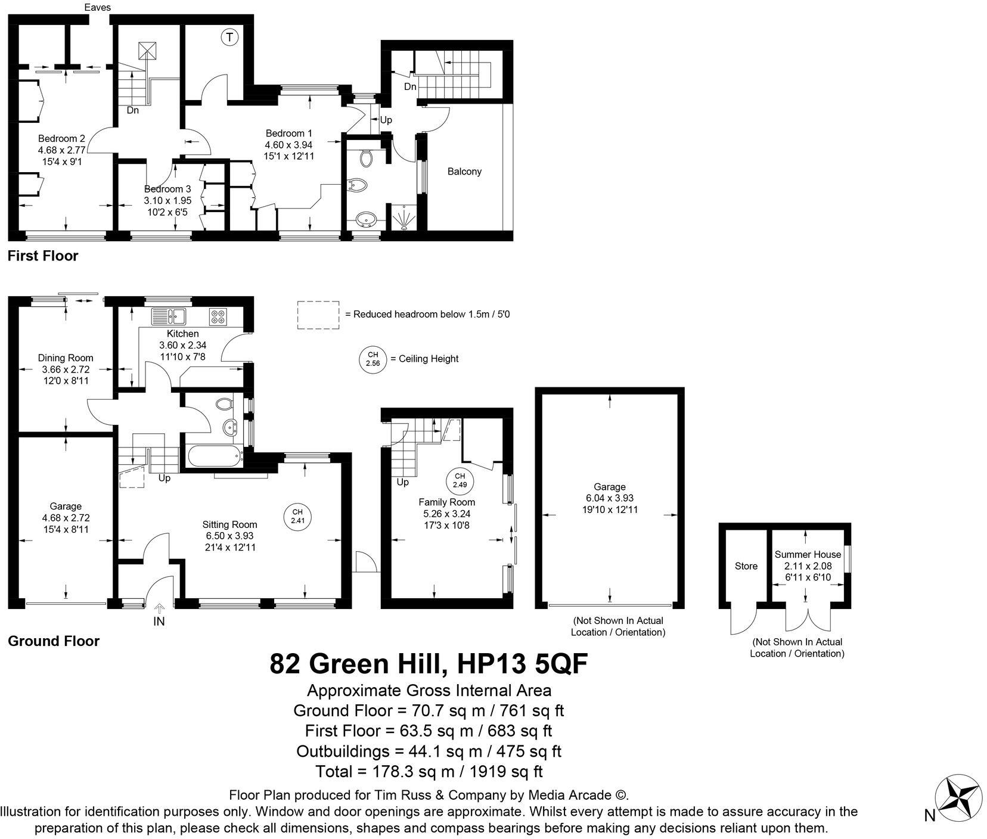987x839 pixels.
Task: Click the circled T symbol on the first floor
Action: pyautogui.click(x=229, y=38)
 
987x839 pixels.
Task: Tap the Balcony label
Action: pyautogui.click(x=464, y=172)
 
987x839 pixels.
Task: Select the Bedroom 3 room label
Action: pyautogui.click(x=167, y=189)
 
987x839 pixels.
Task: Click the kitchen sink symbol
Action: pyautogui.click(x=169, y=315)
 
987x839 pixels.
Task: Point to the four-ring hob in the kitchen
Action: pyautogui.click(x=217, y=316)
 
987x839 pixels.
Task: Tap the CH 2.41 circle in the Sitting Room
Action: pyautogui.click(x=297, y=516)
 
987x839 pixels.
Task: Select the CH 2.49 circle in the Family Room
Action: pyautogui.click(x=460, y=480)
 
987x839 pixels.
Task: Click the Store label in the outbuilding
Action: pyautogui.click(x=746, y=566)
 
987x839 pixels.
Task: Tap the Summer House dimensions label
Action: pyautogui.click(x=807, y=571)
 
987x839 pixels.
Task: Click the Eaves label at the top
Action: pyautogui.click(x=97, y=8)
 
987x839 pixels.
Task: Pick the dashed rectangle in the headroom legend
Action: pyautogui.click(x=318, y=315)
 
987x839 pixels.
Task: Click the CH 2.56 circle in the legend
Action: pyautogui.click(x=373, y=359)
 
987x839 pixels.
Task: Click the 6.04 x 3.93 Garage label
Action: pyautogui.click(x=609, y=498)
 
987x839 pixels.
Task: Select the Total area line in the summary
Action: pyautogui.click(x=429, y=772)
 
